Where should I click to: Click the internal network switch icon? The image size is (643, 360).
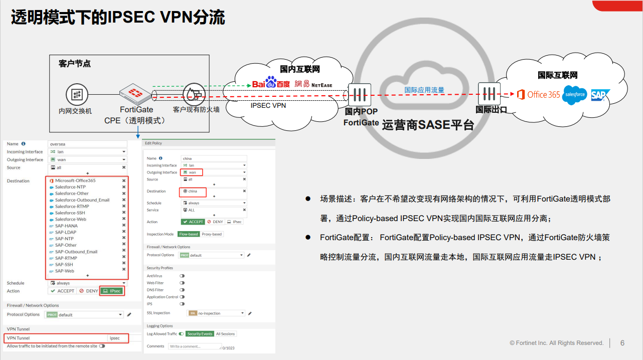point(77,95)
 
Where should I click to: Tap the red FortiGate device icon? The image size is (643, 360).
point(136,93)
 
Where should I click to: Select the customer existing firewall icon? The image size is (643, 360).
point(193,94)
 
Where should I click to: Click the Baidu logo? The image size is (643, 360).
point(270,83)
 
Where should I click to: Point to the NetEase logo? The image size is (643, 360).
point(313,84)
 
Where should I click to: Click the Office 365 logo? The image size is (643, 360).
point(538,95)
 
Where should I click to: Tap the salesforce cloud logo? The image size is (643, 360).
point(574,95)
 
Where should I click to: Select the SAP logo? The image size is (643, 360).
point(600,95)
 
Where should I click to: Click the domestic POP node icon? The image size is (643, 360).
point(359,95)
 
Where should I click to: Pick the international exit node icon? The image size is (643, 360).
point(489,94)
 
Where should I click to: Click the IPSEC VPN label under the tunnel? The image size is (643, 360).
point(268,106)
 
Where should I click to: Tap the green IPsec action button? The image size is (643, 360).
point(111,291)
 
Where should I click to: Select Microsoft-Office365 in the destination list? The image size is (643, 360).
point(75,181)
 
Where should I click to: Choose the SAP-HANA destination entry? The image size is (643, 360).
point(66,226)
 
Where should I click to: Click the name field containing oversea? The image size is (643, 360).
point(87,144)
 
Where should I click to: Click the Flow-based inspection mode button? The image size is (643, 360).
point(189,234)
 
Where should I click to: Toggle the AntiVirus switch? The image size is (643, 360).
point(182,276)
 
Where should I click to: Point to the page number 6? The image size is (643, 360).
point(622,343)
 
